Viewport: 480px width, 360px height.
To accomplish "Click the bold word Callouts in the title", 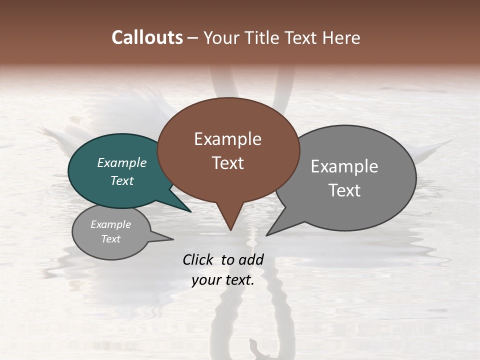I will point(147,37).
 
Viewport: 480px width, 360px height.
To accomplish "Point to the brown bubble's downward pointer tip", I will point(230,229).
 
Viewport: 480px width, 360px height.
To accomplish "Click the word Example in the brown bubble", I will point(227,139).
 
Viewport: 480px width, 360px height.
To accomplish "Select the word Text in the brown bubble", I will point(227,163).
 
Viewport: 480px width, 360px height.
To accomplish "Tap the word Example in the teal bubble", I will point(122,163).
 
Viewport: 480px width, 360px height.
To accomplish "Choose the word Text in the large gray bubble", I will point(344,190).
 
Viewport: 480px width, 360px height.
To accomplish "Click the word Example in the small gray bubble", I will point(110,224).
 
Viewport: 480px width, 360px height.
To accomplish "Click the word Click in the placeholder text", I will point(198,259).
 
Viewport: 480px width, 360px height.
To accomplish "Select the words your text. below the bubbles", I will point(223,280).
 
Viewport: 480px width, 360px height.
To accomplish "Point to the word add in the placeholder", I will point(251,259).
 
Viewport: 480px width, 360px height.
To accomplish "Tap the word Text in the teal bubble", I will point(122,180).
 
